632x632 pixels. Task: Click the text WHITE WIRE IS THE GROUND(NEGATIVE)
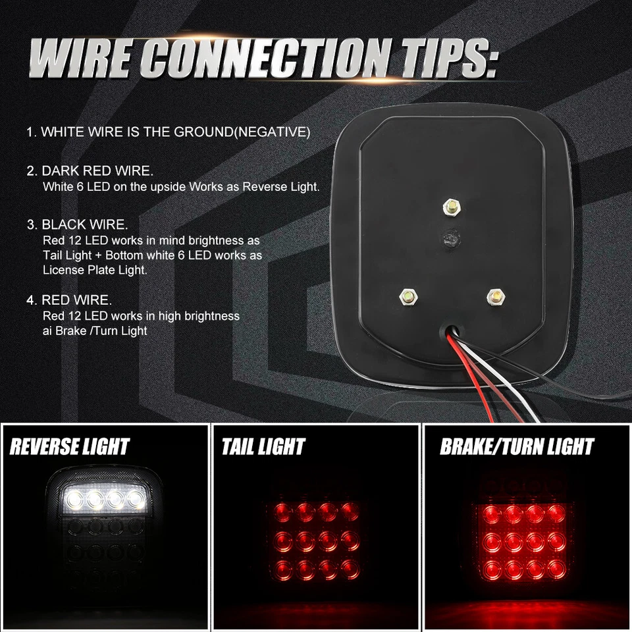point(175,132)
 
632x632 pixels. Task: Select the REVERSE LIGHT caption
point(70,446)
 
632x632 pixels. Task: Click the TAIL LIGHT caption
point(263,448)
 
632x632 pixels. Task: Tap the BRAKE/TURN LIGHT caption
point(517,448)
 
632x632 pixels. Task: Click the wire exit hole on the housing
point(450,327)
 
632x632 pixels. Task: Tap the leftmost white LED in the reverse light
point(73,498)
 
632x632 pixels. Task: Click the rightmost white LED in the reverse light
point(136,498)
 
